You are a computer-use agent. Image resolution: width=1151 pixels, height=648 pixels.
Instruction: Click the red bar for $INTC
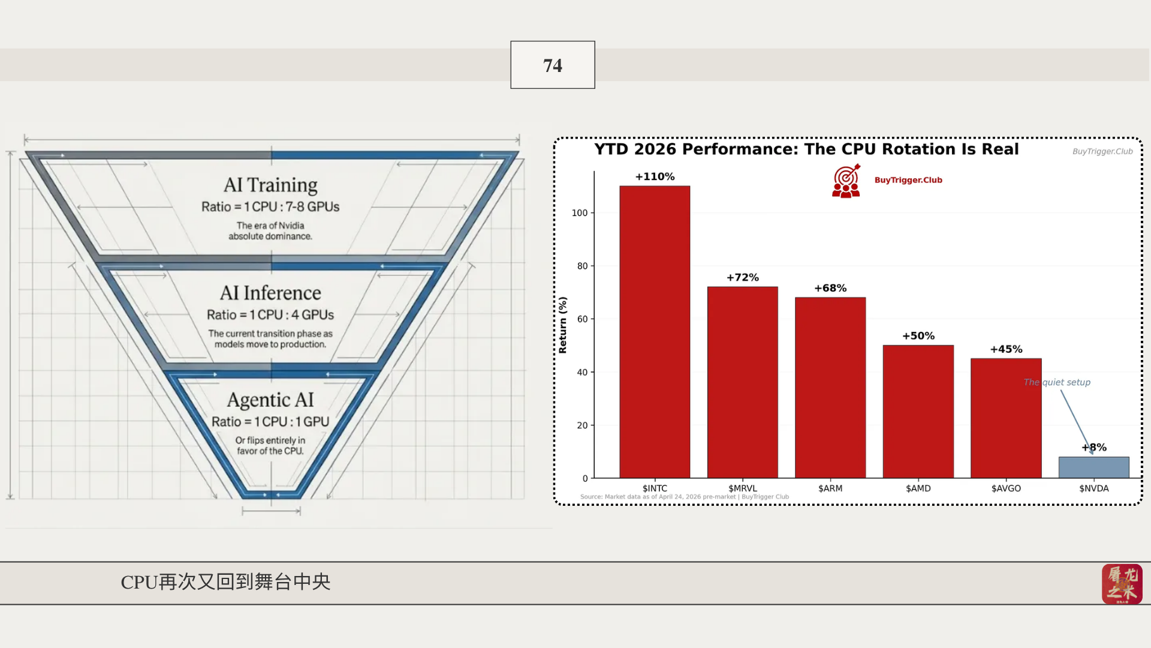click(x=655, y=332)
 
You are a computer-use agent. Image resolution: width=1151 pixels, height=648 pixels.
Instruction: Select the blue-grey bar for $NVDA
click(x=1093, y=467)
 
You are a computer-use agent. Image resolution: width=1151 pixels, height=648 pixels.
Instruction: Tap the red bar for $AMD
click(x=918, y=412)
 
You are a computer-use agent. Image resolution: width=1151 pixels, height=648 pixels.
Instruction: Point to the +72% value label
click(x=743, y=277)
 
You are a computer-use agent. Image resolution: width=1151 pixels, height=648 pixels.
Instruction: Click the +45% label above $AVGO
click(x=1006, y=349)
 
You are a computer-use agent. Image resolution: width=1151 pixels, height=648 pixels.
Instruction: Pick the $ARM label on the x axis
click(x=830, y=488)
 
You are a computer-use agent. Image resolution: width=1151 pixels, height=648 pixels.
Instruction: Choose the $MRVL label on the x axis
click(x=743, y=488)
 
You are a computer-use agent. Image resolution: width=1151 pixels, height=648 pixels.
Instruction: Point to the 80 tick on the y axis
click(x=582, y=266)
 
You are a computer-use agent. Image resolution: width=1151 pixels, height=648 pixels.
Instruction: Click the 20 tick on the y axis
click(x=582, y=425)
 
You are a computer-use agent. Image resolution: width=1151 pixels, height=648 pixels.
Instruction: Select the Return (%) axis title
click(x=562, y=325)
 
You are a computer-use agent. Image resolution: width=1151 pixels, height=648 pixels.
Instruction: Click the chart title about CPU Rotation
click(x=806, y=149)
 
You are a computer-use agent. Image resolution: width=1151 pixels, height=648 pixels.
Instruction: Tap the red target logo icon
click(x=846, y=181)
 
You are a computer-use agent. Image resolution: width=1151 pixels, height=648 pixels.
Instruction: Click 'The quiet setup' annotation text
click(x=1057, y=382)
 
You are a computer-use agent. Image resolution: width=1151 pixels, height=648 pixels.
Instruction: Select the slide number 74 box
click(x=553, y=65)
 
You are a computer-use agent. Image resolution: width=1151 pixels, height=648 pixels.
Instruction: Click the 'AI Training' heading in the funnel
click(x=270, y=185)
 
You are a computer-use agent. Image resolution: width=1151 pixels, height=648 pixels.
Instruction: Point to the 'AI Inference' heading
click(x=270, y=293)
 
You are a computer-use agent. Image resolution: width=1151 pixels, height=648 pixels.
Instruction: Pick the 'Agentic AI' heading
click(x=270, y=400)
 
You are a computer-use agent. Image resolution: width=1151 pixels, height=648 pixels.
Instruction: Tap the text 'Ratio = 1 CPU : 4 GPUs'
click(x=270, y=314)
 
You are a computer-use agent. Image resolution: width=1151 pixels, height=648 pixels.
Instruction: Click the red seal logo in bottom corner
click(x=1122, y=584)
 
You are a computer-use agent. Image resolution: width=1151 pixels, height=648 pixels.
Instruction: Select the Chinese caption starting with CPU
click(x=225, y=581)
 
